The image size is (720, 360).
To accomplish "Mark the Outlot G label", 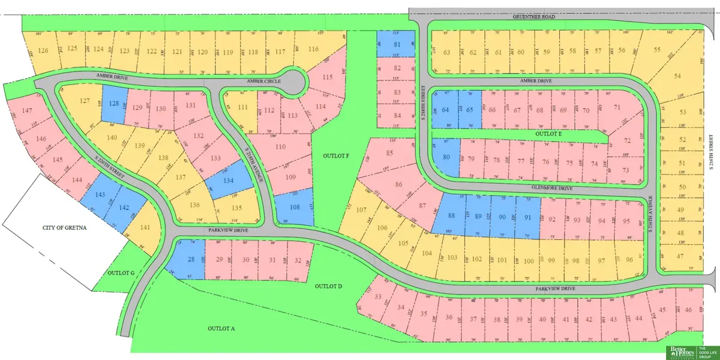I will (x=121, y=272).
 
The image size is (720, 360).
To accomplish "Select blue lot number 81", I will (x=396, y=44).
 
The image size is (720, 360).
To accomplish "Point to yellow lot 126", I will (x=43, y=50).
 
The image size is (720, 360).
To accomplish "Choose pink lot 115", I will (x=327, y=77).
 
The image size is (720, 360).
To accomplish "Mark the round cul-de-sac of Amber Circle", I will (x=293, y=81).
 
